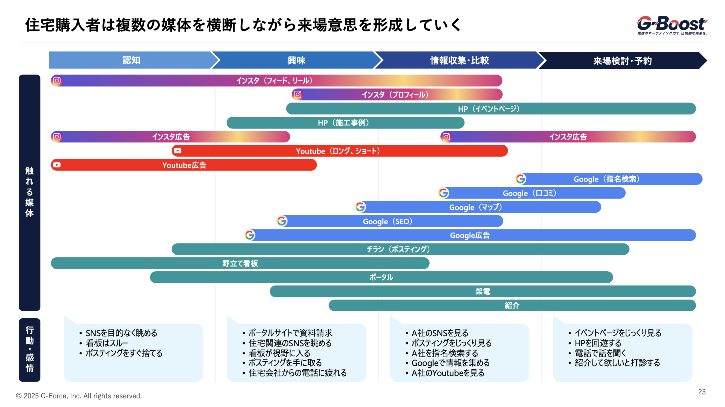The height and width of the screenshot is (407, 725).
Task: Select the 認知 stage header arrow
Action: [x=131, y=60]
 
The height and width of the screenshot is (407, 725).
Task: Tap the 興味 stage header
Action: [x=296, y=60]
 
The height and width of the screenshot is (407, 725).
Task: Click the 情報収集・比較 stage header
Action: [x=459, y=60]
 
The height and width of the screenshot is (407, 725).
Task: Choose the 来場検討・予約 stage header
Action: [x=622, y=61]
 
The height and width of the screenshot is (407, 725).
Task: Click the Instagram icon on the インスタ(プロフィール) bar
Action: [x=297, y=94]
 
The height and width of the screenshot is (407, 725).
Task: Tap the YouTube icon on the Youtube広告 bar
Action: [x=57, y=165]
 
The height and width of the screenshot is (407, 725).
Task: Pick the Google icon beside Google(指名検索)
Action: [x=521, y=179]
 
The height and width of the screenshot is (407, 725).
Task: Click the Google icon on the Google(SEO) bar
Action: [x=282, y=221]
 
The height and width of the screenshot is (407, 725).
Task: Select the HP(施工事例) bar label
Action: [x=343, y=123]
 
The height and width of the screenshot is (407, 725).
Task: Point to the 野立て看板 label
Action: [x=240, y=263]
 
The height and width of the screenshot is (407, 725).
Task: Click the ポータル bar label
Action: [x=381, y=277]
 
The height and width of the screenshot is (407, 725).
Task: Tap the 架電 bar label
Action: [x=482, y=291]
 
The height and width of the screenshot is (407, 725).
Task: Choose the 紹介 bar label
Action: [x=512, y=305]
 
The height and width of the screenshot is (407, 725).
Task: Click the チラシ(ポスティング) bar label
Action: [x=398, y=249]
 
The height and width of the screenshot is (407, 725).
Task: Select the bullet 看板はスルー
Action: [x=107, y=343]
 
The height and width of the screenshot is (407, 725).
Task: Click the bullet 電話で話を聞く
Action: [x=600, y=353]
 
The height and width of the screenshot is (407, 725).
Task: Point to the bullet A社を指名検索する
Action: [x=445, y=353]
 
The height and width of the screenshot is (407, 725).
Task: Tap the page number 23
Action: [x=701, y=392]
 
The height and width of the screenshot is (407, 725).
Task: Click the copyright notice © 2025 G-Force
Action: [x=79, y=396]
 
